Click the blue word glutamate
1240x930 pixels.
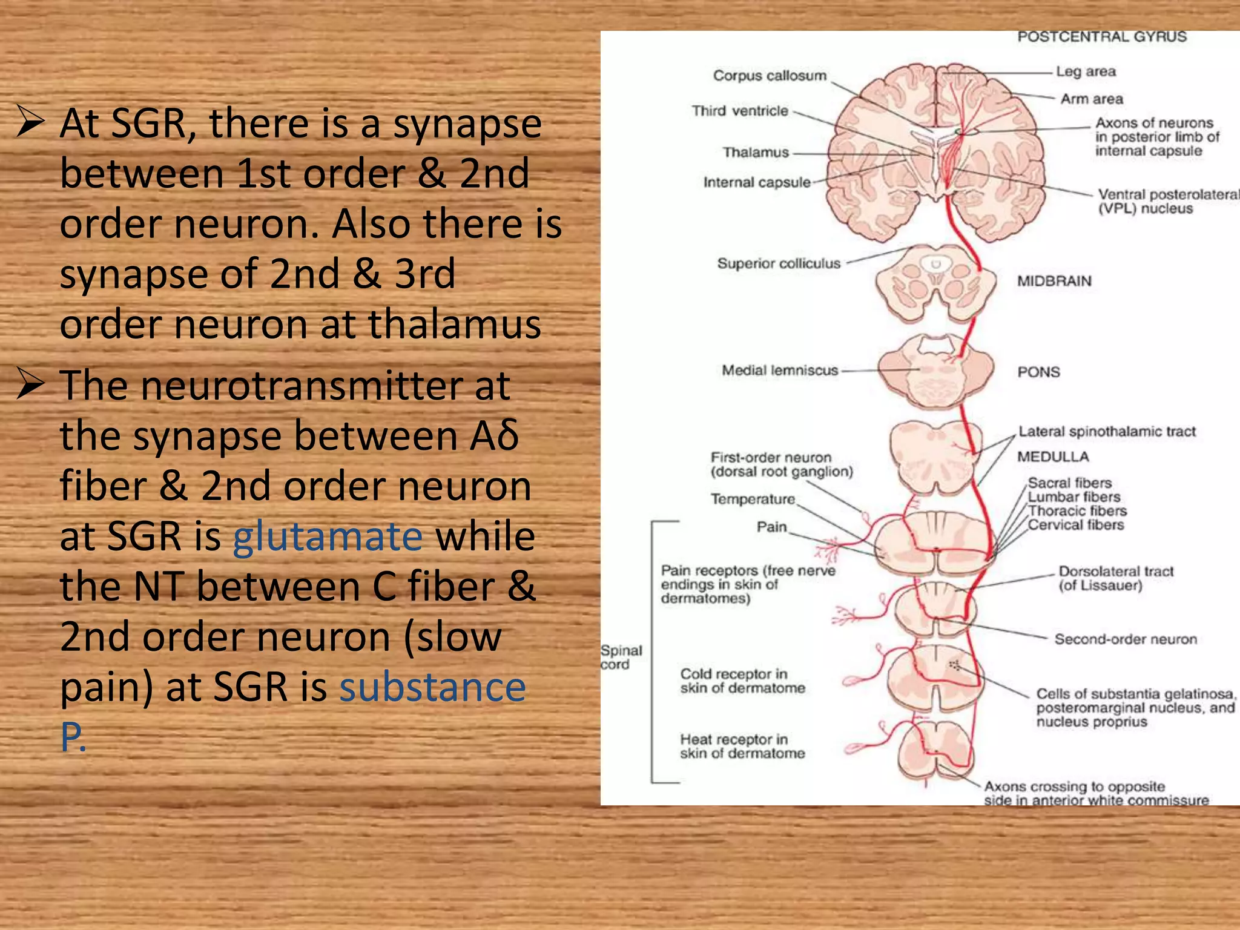coord(328,536)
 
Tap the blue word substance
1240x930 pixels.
coord(432,687)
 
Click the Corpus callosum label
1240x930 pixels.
coord(769,76)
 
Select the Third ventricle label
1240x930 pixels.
coord(740,111)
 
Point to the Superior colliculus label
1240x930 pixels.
coord(779,263)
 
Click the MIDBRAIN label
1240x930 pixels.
coord(1054,281)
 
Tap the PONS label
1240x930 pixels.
coord(1038,372)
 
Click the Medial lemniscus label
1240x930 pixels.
coord(780,370)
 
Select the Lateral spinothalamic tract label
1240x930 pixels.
coord(1107,432)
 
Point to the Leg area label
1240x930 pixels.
coord(1086,71)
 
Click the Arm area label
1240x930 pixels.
coord(1092,99)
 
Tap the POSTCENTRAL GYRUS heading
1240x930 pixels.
coord(1101,37)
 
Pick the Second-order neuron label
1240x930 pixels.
coord(1126,639)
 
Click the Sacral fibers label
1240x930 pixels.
coord(1070,483)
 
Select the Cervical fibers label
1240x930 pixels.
coord(1076,525)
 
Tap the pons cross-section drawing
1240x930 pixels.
coord(935,371)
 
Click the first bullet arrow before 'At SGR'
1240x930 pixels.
coord(30,120)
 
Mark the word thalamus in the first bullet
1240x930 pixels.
coord(455,324)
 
